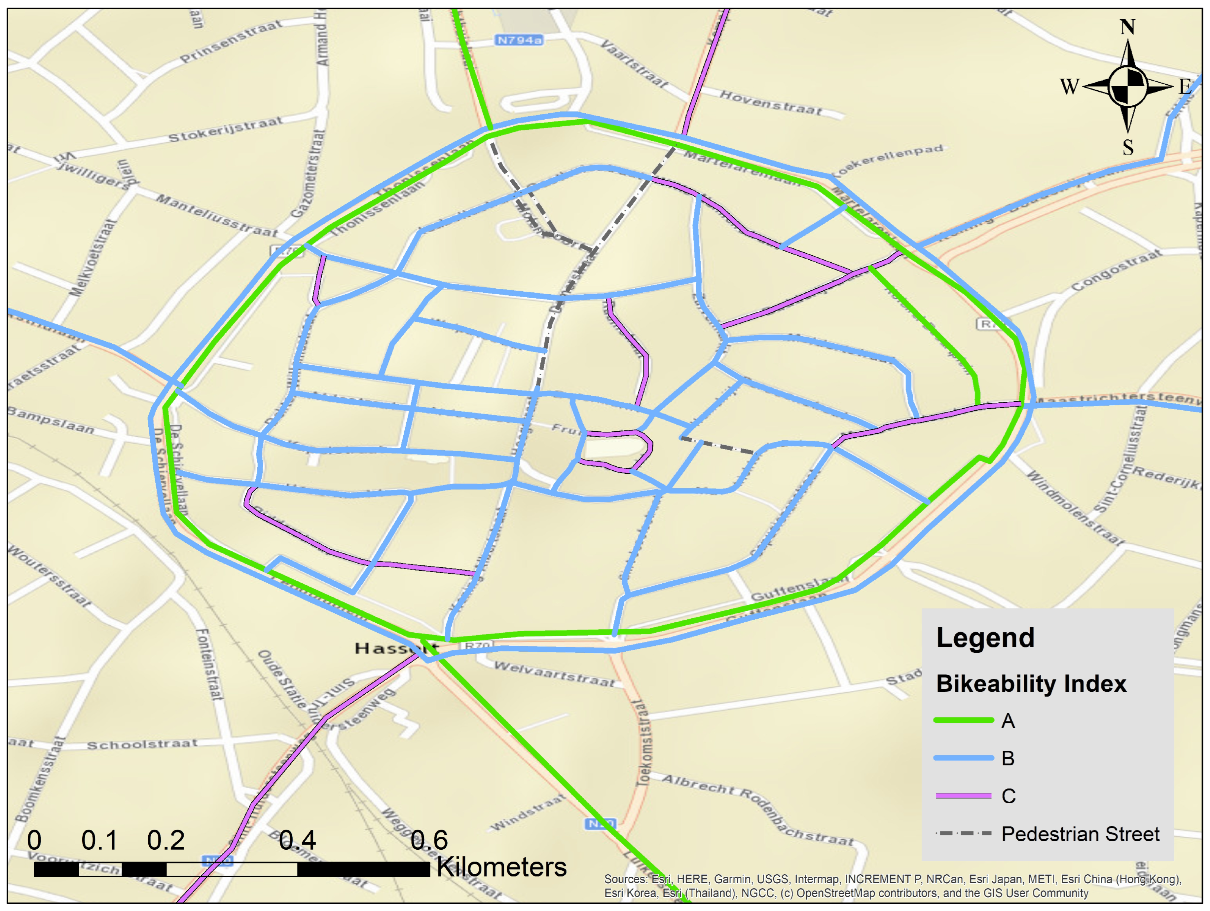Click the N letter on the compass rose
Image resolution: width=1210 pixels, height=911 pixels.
point(1127,26)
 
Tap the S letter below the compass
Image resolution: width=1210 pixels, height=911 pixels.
point(1128,147)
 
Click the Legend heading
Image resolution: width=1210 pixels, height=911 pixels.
point(985,638)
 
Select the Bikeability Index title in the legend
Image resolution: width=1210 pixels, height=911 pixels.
point(1031,684)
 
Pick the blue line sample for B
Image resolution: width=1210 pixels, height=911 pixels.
point(963,758)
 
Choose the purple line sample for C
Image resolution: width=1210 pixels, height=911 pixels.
point(963,795)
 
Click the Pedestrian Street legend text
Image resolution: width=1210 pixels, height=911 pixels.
point(1080,834)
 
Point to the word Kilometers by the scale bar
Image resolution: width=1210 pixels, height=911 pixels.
point(501,867)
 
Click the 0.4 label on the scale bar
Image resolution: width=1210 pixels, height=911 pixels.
point(297,840)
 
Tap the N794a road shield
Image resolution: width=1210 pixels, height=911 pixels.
point(519,40)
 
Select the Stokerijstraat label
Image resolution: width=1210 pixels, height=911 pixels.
point(225,129)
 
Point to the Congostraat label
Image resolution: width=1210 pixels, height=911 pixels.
point(1116,270)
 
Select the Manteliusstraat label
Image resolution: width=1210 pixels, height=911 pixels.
point(217,215)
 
